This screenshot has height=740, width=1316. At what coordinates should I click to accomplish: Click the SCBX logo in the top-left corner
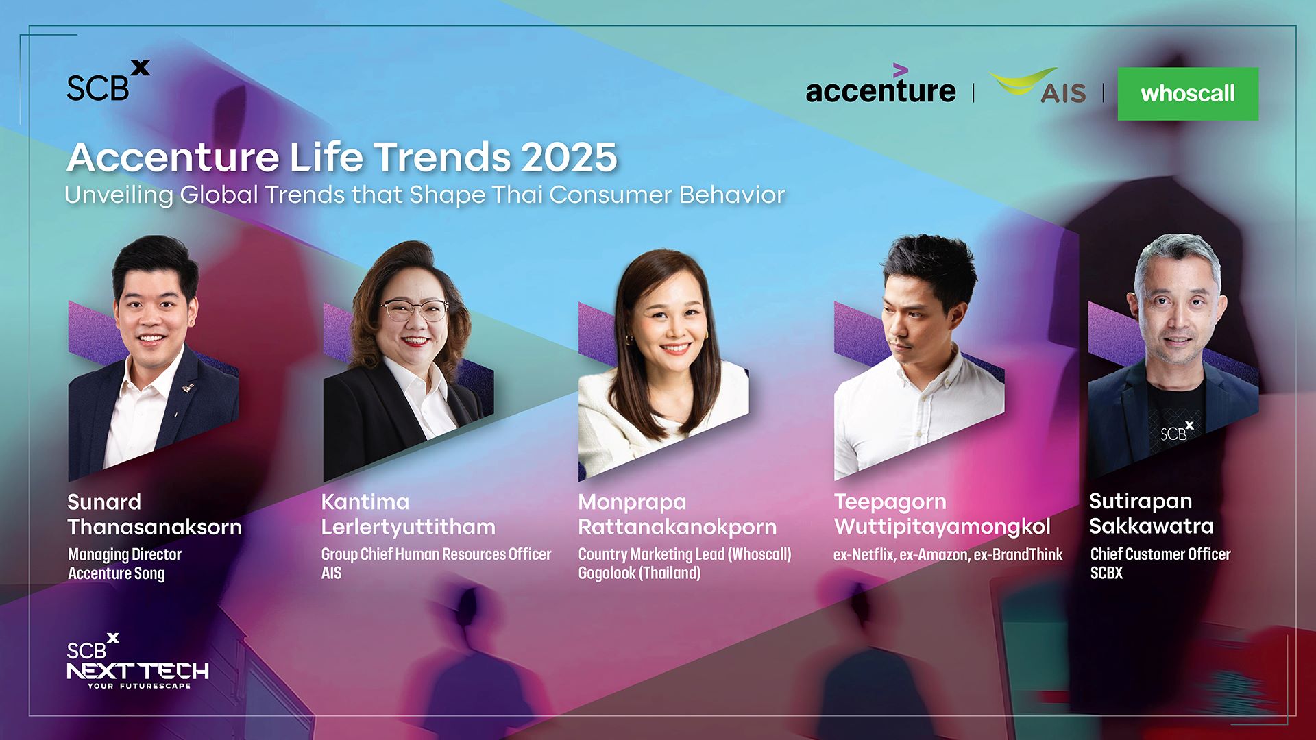pyautogui.click(x=108, y=81)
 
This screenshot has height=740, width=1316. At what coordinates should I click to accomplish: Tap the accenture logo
pyautogui.click(x=881, y=85)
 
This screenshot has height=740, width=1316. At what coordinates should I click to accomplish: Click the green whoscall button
pyautogui.click(x=1188, y=94)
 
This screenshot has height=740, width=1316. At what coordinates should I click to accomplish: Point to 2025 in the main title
pyautogui.click(x=569, y=158)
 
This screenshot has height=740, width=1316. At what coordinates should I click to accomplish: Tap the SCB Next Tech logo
pyautogui.click(x=138, y=661)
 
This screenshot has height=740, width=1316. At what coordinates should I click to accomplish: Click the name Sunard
pyautogui.click(x=104, y=502)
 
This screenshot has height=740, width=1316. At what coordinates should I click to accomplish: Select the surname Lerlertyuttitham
pyautogui.click(x=409, y=527)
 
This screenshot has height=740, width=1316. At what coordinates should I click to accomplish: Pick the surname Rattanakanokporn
pyautogui.click(x=677, y=527)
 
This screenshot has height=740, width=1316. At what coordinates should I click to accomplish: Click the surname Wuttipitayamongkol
pyautogui.click(x=942, y=527)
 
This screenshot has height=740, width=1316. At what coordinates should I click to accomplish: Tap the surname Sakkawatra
pyautogui.click(x=1151, y=526)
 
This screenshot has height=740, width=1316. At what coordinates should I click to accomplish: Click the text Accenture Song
pyautogui.click(x=117, y=573)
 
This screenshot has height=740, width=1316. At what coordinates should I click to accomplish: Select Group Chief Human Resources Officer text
pyautogui.click(x=436, y=554)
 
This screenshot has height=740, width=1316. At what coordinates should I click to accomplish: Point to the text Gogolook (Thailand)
pyautogui.click(x=639, y=573)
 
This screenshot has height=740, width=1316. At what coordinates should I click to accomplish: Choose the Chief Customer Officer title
pyautogui.click(x=1160, y=554)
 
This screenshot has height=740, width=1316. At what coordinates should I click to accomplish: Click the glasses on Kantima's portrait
pyautogui.click(x=415, y=310)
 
